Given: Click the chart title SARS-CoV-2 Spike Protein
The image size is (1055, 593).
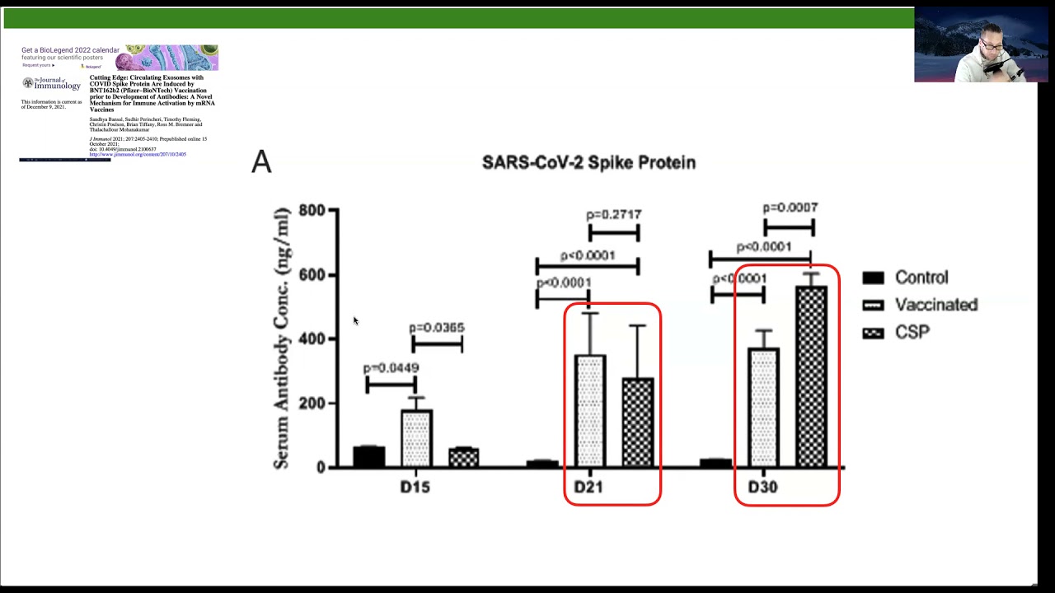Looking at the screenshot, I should [x=588, y=162].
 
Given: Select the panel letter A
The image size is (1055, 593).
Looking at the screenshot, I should [x=261, y=161].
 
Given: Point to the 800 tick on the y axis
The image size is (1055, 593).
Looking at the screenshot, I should [x=312, y=211].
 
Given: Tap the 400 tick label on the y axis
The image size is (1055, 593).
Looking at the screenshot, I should [x=312, y=339].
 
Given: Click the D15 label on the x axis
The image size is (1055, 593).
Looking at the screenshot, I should [x=415, y=488].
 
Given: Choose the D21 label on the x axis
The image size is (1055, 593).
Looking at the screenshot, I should [x=588, y=488].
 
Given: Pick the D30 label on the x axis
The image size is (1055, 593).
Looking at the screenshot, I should [x=762, y=488].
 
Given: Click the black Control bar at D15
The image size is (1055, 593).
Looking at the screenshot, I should [x=368, y=457].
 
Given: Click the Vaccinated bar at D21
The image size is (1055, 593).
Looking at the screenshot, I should [x=590, y=412].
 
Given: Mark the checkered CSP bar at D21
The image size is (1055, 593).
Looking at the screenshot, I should [x=638, y=423].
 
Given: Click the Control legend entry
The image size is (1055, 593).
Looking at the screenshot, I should [x=921, y=278].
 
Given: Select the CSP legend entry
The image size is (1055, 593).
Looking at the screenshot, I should [x=912, y=332].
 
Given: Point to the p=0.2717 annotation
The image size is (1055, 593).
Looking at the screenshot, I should [x=614, y=215].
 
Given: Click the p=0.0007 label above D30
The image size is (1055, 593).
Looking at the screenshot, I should [x=790, y=208].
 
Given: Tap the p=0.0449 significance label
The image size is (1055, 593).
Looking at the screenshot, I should [x=391, y=368].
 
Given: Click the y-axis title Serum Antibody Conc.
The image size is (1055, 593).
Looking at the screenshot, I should [x=282, y=338].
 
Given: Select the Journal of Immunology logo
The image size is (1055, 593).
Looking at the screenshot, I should [x=51, y=83].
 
